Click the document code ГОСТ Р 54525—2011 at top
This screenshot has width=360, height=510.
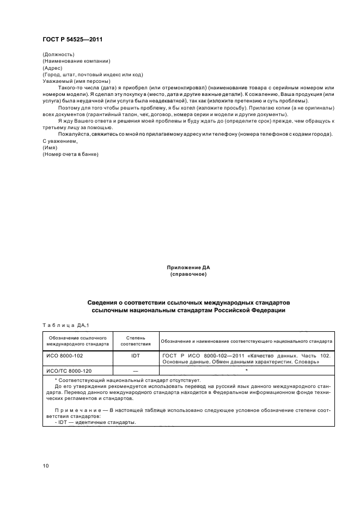point(72,40)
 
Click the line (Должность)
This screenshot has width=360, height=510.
point(58,54)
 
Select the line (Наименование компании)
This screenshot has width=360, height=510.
point(76,61)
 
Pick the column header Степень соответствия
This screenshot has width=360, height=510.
point(135,341)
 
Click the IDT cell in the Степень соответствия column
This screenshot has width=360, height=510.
point(135,355)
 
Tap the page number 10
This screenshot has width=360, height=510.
point(46,465)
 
